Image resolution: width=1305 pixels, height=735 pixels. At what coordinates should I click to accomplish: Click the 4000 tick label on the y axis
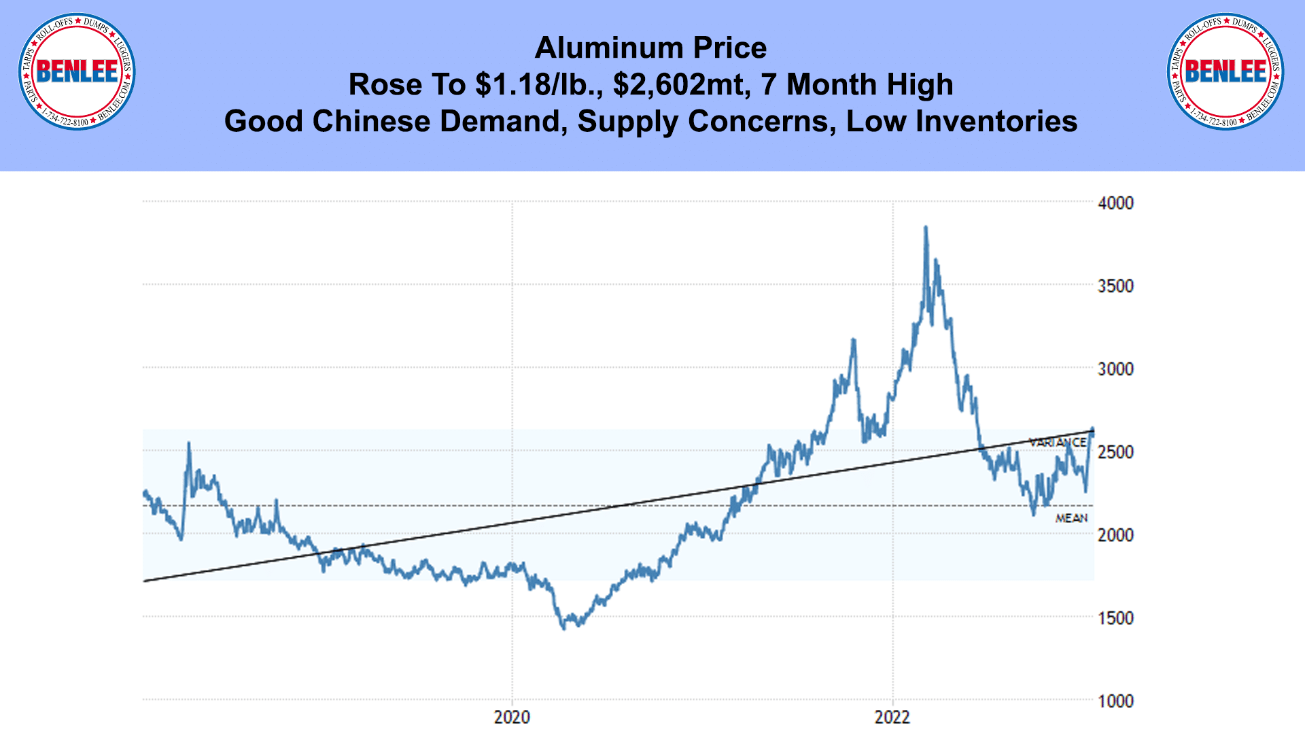coord(1115,203)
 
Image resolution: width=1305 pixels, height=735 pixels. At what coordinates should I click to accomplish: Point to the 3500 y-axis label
coord(1115,286)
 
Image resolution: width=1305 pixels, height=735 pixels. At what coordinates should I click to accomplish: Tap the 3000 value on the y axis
coord(1115,369)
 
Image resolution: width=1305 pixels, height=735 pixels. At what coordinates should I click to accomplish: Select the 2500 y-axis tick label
coord(1115,451)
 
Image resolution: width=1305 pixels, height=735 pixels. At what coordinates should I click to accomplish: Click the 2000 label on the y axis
coord(1115,534)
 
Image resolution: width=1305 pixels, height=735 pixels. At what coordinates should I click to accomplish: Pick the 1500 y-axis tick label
coord(1115,617)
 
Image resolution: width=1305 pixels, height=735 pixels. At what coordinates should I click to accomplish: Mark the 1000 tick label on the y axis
coord(1115,700)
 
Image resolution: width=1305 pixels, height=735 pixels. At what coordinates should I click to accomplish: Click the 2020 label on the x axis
coord(512,717)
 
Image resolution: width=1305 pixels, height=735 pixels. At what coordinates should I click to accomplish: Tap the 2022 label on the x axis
coord(892,717)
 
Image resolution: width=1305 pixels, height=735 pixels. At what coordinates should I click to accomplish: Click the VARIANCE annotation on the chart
coord(1058,443)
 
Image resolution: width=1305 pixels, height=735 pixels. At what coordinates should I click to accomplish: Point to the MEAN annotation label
coord(1071,518)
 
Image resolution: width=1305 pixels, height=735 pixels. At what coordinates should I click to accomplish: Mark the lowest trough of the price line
coord(563,628)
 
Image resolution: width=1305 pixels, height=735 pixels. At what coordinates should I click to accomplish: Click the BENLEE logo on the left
coord(77,71)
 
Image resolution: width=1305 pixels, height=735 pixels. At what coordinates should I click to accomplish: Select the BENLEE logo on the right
coord(1225,71)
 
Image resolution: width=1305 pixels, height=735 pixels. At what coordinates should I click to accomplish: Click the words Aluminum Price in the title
coord(650,48)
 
